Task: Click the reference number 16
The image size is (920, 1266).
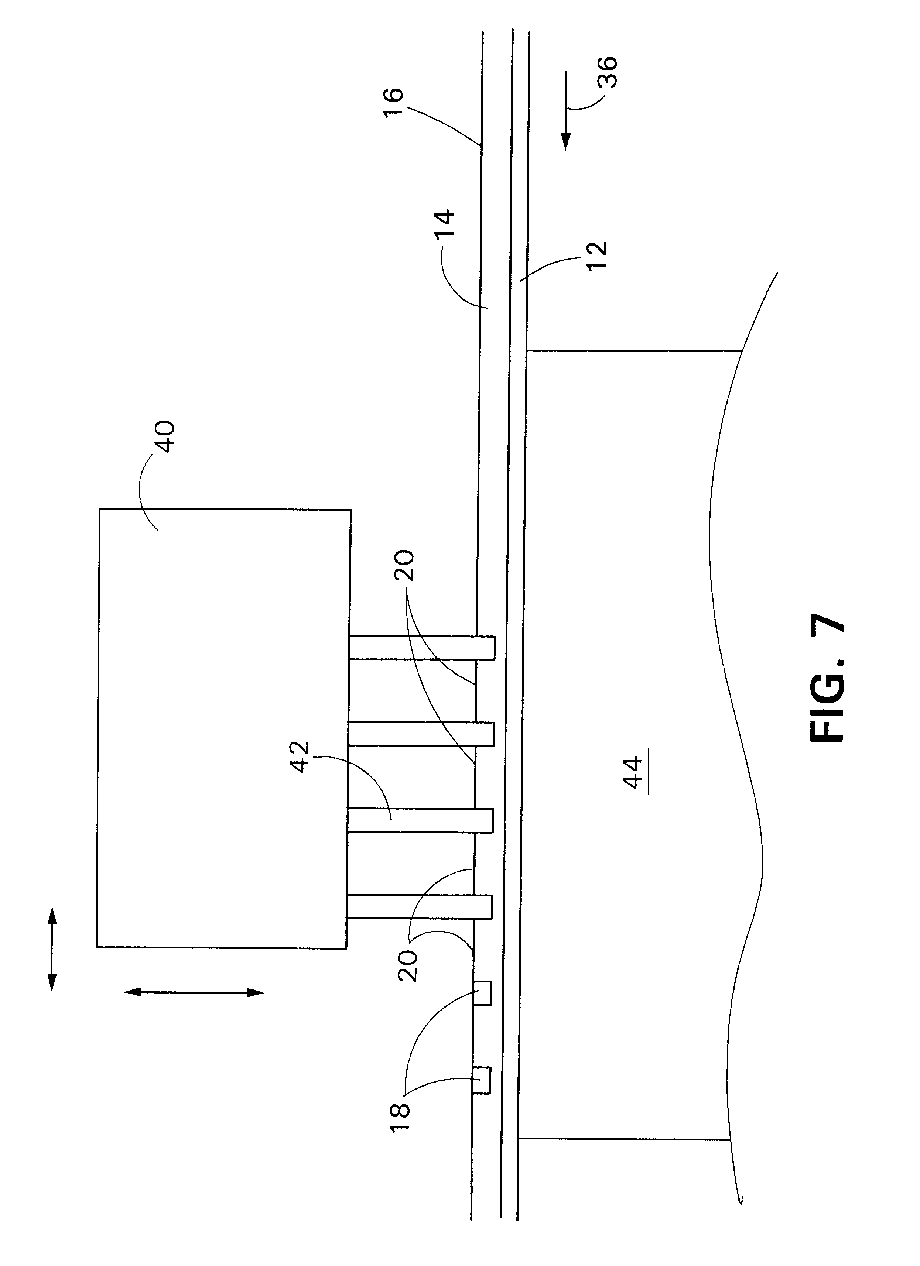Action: click(x=393, y=102)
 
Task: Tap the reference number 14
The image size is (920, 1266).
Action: click(x=445, y=224)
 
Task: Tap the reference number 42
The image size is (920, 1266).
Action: click(x=301, y=756)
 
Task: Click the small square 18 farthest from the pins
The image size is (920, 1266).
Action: click(x=482, y=1080)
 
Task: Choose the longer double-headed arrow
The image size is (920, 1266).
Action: click(x=193, y=992)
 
